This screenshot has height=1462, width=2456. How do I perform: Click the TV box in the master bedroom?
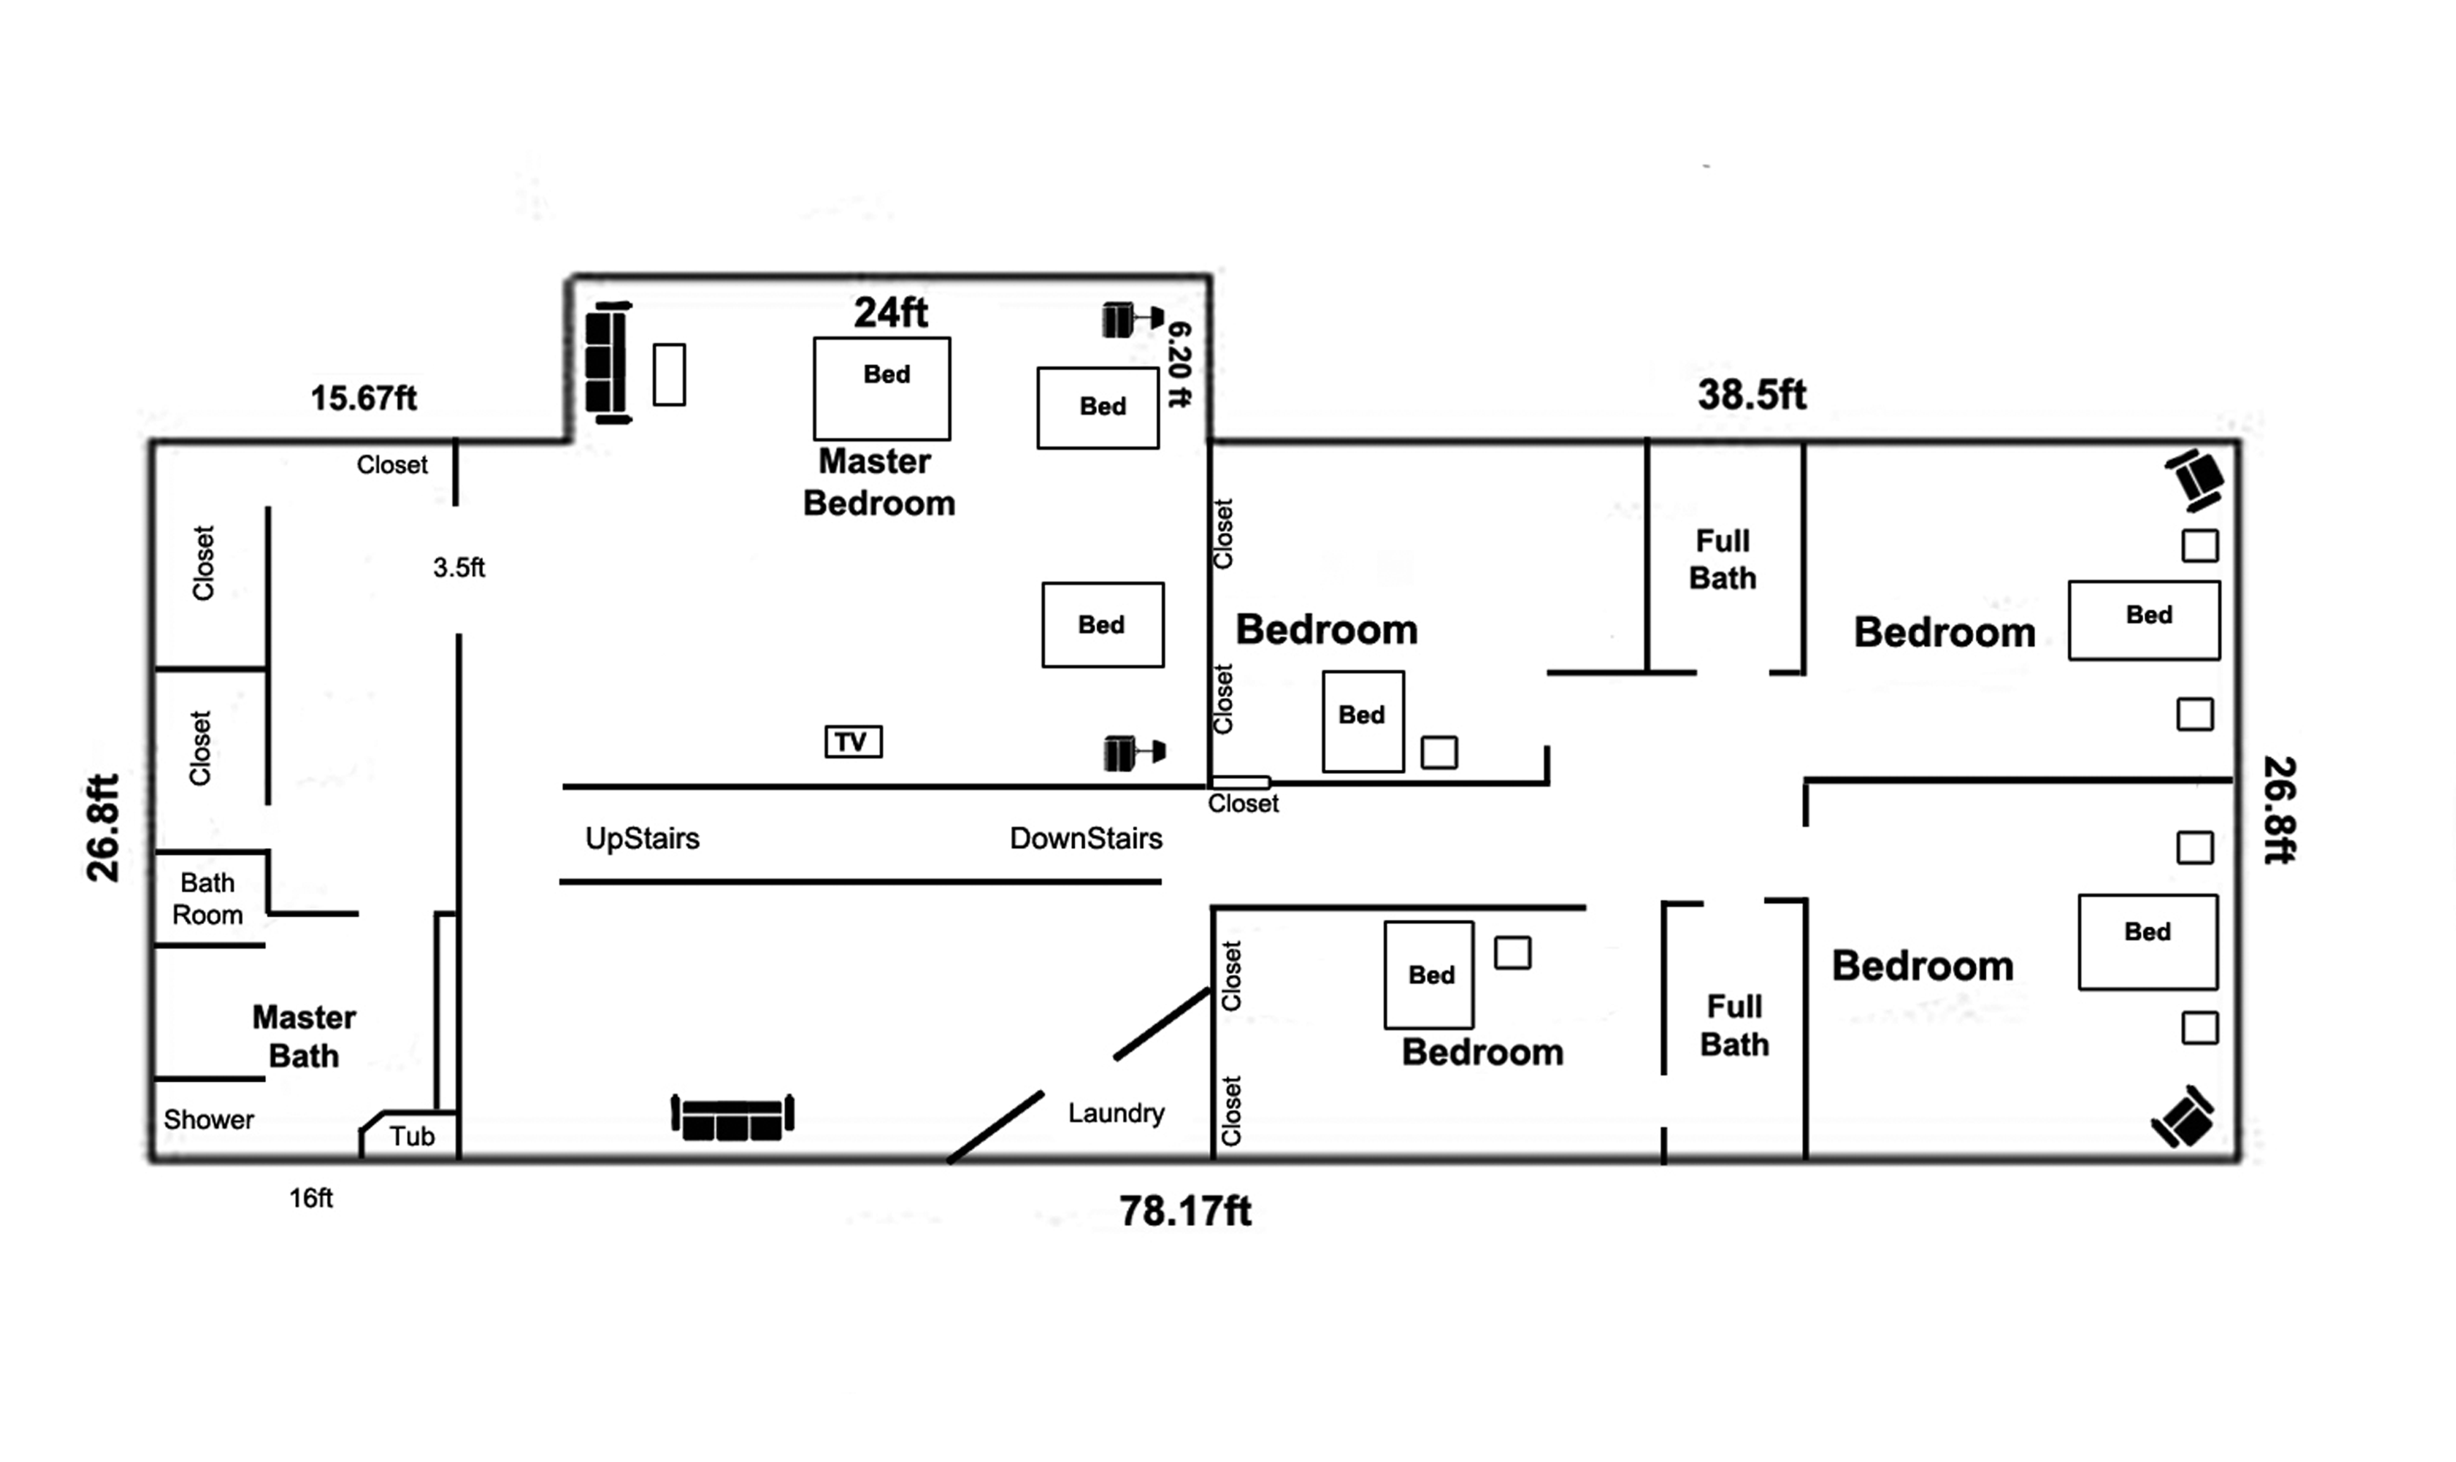[853, 742]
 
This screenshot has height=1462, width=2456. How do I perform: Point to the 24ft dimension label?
[890, 312]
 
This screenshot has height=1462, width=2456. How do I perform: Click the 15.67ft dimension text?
[364, 398]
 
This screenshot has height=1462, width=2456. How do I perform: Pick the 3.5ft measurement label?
[459, 567]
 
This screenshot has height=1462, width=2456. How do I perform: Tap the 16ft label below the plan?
[310, 1198]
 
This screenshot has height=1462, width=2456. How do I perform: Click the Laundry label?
[1116, 1113]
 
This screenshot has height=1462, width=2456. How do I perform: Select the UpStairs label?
[642, 838]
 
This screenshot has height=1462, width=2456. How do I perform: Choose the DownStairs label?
[1086, 838]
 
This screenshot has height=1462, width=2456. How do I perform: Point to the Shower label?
[209, 1119]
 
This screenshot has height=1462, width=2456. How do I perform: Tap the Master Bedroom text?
[879, 482]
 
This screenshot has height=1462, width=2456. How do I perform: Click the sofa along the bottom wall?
[733, 1117]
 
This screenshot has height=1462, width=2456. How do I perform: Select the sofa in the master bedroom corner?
[608, 362]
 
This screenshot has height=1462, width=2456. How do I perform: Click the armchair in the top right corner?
[2194, 480]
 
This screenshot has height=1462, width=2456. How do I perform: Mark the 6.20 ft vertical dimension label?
[1179, 364]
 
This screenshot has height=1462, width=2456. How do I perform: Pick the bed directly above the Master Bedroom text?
[881, 389]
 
